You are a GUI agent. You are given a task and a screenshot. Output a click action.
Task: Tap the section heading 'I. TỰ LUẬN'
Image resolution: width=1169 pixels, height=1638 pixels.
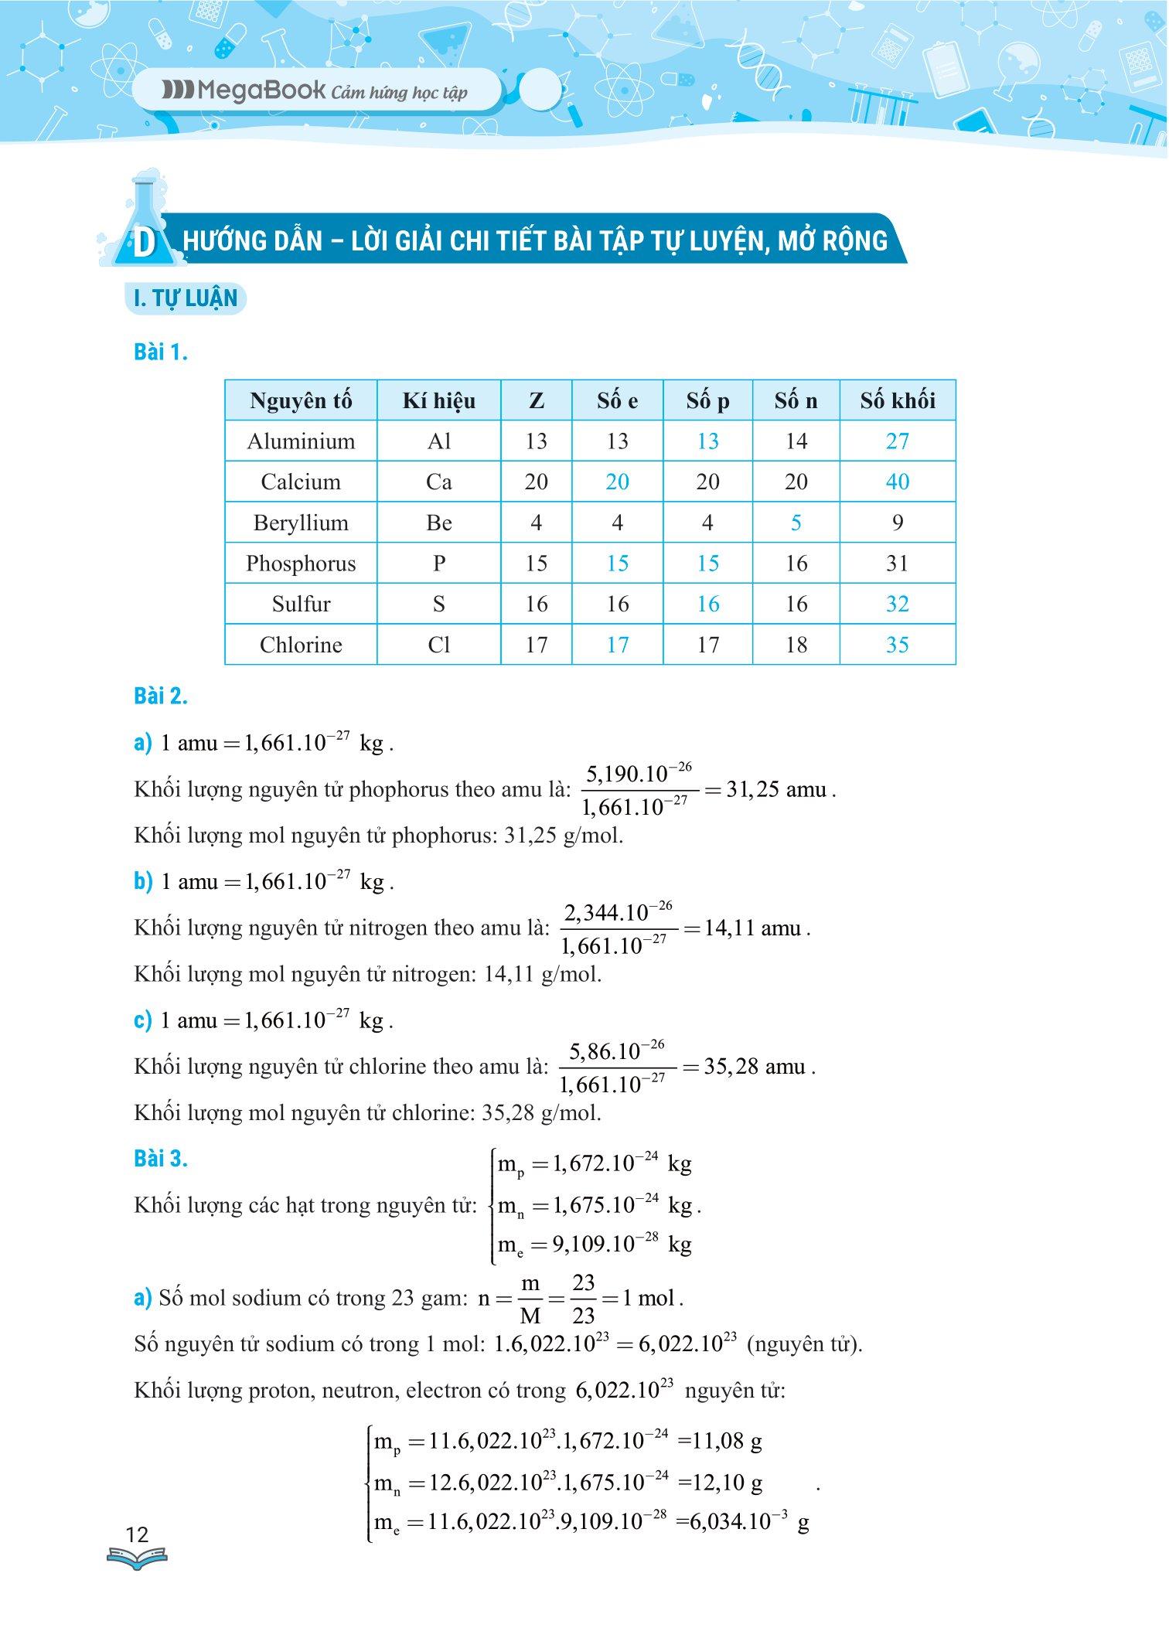(186, 299)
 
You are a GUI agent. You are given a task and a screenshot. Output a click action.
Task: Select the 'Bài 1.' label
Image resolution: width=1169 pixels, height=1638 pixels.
(161, 352)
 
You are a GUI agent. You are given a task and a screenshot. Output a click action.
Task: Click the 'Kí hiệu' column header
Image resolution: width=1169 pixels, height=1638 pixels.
(438, 400)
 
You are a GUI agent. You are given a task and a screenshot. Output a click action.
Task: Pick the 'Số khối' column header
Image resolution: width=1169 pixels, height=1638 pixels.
(897, 400)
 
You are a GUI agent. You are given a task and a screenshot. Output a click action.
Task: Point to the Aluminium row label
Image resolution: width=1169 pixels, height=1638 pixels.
(301, 441)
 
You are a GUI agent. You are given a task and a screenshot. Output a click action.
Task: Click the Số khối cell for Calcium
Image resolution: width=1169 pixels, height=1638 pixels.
(897, 482)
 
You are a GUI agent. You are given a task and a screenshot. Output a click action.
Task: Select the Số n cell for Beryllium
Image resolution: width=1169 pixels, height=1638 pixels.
(796, 523)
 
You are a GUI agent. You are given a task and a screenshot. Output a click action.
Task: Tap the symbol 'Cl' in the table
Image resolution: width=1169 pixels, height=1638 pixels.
(438, 645)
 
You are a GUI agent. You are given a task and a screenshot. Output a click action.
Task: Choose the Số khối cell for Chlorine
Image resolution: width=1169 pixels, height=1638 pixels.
(897, 645)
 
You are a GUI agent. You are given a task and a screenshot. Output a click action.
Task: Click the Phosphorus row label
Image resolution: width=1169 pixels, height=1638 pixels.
(301, 564)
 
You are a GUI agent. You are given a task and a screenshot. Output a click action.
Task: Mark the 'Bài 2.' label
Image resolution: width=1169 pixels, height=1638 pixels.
(161, 696)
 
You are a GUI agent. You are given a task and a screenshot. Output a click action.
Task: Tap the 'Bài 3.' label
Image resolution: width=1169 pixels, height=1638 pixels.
(161, 1160)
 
